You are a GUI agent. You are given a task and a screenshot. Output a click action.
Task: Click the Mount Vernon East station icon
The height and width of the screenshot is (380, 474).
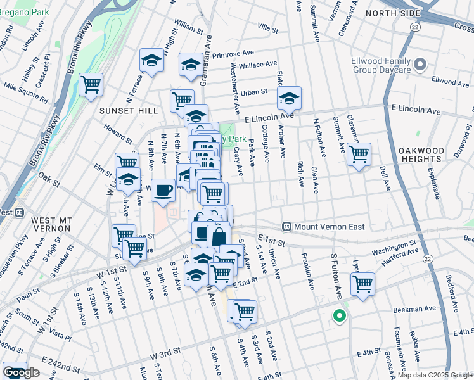coord(286,226)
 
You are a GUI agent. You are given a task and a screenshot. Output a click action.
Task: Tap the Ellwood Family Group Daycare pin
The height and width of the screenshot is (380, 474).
coord(422,65)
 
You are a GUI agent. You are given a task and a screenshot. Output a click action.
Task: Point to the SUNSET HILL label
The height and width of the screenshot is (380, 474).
coord(128,110)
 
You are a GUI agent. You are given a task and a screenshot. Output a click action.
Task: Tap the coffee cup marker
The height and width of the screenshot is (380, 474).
coord(163,189)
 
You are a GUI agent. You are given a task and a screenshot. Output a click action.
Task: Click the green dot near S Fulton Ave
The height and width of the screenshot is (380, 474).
coord(339,315)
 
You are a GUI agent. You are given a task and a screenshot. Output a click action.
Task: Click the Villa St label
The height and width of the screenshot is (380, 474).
coord(268,28)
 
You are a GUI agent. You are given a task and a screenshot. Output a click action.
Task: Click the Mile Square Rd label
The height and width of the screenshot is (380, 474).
coord(25,91)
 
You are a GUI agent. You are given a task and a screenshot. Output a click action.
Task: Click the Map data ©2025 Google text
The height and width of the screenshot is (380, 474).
coord(434,374)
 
